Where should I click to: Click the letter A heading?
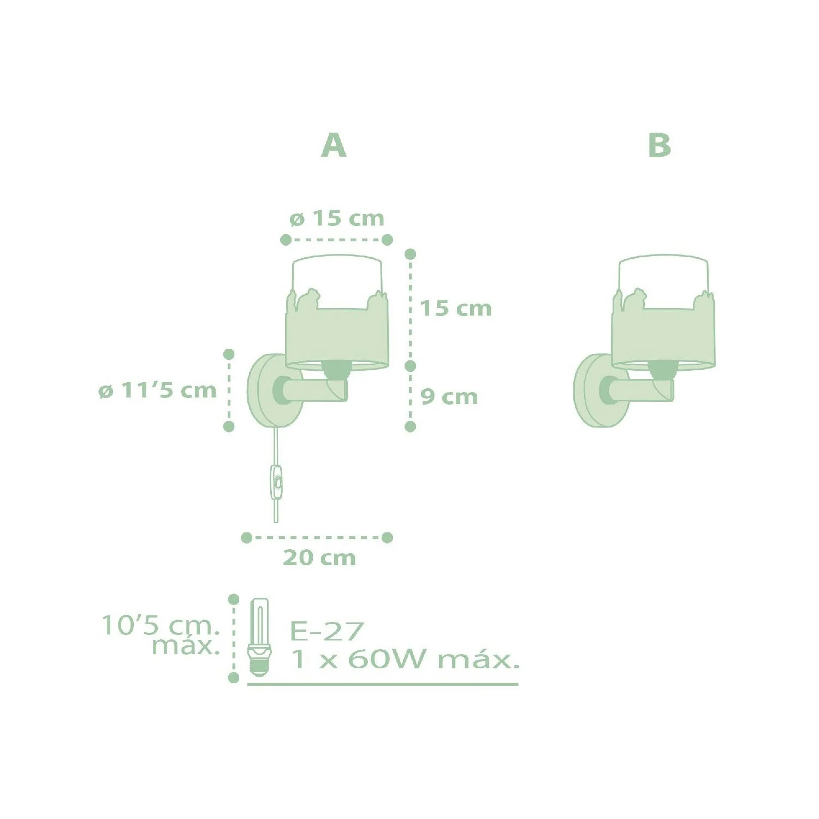click(x=334, y=145)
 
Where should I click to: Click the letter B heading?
click(x=659, y=145)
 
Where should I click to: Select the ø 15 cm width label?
click(x=337, y=218)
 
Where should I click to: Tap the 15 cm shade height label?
click(x=456, y=308)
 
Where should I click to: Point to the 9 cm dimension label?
click(x=449, y=397)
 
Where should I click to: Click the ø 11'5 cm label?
click(x=158, y=390)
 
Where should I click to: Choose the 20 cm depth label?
click(x=319, y=558)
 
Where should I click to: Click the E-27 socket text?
click(x=327, y=632)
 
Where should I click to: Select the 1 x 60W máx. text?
click(x=405, y=659)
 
